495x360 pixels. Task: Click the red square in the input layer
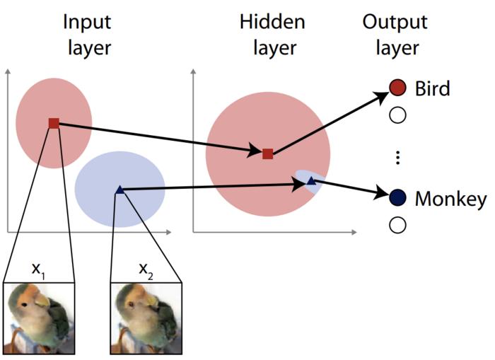[x=54, y=123]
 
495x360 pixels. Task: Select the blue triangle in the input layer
[x=120, y=189]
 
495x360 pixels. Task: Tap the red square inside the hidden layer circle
[x=267, y=153]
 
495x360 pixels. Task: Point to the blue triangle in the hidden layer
[x=310, y=182]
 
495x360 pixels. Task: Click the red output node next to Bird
[x=397, y=88]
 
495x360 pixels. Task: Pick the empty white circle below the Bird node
[x=397, y=115]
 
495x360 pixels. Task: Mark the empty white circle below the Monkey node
[x=397, y=225]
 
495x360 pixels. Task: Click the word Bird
[x=431, y=88]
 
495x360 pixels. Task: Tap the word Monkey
[x=450, y=198]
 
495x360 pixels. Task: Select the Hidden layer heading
[x=272, y=35]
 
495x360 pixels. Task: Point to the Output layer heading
[x=394, y=35]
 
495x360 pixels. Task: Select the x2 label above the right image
[x=145, y=269]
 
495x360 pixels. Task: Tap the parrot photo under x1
[x=38, y=318]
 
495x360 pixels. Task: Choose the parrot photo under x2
[x=146, y=318]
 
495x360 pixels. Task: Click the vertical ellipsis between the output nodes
[x=397, y=157]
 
